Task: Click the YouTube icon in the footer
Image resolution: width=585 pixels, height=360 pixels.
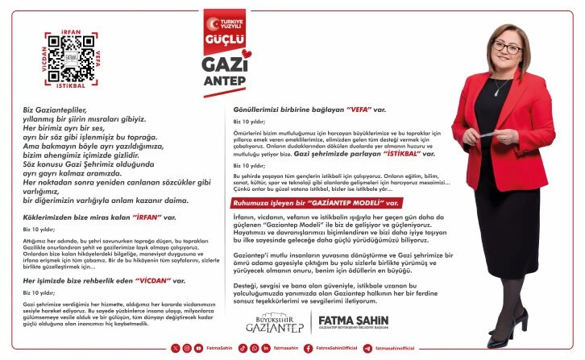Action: click(x=212, y=348)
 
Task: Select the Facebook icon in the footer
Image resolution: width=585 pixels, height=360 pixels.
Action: click(x=310, y=348)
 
